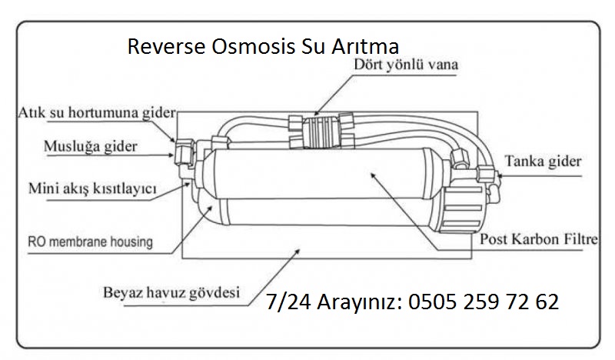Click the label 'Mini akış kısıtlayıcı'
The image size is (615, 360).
click(x=92, y=188)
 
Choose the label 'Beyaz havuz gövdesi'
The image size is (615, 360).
click(x=171, y=292)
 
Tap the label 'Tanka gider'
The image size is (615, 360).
click(x=543, y=162)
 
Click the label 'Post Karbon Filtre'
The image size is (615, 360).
click(x=538, y=239)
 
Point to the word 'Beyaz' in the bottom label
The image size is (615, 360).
click(x=125, y=292)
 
